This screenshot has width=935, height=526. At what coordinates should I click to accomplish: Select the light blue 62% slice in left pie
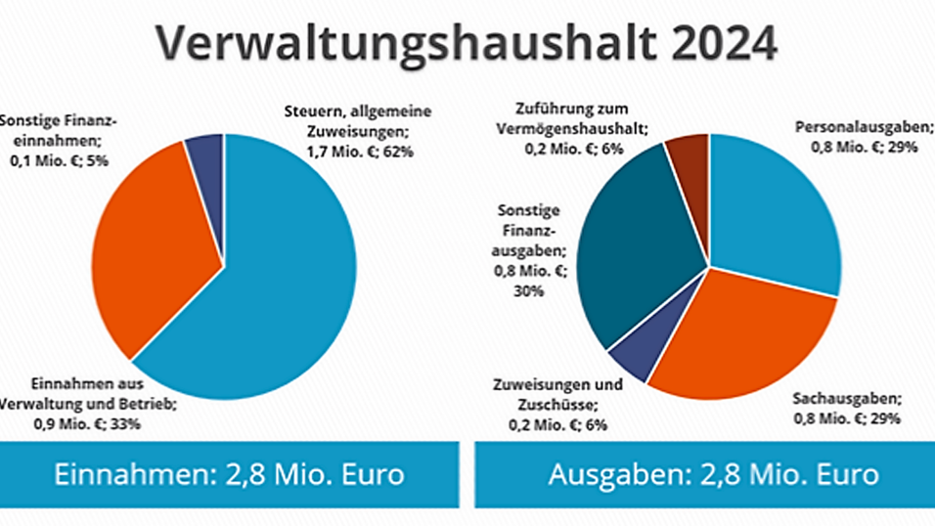click(284, 284)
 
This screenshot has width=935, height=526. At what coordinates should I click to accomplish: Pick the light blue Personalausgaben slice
click(778, 210)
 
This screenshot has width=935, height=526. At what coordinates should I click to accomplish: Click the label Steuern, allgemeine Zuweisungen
click(357, 131)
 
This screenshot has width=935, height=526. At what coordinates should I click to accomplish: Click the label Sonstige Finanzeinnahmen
click(59, 141)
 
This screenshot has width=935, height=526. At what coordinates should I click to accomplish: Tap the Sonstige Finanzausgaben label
click(527, 250)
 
